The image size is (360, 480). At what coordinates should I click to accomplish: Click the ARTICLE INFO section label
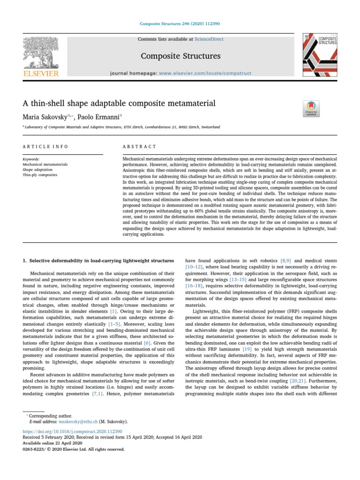point(45,147)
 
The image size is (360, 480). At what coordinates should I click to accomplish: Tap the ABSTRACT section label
point(139,147)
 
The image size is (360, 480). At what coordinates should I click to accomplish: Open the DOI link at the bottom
point(72,431)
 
